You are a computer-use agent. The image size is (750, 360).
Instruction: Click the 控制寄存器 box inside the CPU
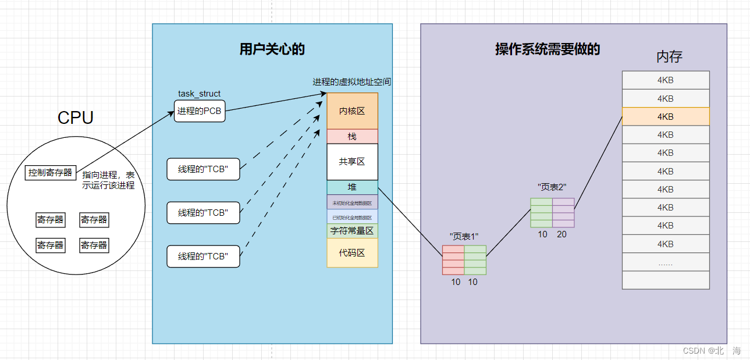51,173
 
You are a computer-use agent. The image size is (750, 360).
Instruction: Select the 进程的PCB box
200,111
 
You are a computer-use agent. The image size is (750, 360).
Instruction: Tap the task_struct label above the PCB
200,94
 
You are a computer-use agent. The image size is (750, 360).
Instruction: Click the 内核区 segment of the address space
352,111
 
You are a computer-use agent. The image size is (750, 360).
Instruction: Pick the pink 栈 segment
352,136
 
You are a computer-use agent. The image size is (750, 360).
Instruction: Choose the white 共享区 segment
352,162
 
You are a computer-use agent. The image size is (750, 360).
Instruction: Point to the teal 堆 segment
352,187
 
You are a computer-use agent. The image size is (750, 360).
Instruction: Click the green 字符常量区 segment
352,231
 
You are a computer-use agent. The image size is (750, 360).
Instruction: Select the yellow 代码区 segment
352,253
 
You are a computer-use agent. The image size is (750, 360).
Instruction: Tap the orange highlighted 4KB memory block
666,116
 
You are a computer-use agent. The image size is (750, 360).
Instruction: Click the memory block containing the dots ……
666,262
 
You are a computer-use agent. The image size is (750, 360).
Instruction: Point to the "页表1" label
464,237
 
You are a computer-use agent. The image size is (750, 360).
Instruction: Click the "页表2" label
552,187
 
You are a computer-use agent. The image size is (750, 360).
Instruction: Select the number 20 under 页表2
561,234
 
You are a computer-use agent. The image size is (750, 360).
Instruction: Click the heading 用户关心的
272,49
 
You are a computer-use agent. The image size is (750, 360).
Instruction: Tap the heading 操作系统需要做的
548,49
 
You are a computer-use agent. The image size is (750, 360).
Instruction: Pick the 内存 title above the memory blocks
669,57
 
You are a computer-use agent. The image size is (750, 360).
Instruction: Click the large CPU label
76,118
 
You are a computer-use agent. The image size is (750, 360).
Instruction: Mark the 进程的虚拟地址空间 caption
352,82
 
